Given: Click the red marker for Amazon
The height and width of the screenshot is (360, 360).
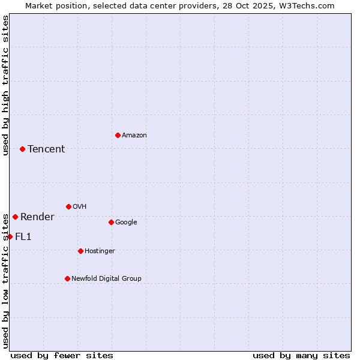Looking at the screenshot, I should point(118,135).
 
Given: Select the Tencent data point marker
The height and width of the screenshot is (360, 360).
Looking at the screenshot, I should point(22,149).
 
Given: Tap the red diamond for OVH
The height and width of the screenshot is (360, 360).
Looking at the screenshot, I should point(68,206).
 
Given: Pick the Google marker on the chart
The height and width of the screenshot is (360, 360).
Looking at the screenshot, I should point(111,222).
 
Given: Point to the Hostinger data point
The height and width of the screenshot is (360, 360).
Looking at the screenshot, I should point(80,251).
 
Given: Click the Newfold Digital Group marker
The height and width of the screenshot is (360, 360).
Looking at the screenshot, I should point(67,278).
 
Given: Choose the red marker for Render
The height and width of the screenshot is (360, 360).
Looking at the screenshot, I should point(15,217).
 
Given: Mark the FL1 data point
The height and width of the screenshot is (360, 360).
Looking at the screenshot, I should point(10,236).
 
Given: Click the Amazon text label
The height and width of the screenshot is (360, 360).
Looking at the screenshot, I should point(134,136).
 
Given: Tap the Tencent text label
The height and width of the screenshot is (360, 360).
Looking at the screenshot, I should point(46,149).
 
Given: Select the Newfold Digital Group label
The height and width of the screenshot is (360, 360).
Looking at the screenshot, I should point(106,278).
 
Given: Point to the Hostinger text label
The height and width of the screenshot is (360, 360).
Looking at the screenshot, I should point(100,251).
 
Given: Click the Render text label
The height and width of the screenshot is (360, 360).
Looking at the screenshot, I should point(37,217).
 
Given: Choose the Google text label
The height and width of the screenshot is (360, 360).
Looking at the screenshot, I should point(126,223).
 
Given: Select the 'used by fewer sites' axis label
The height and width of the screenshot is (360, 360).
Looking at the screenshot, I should point(62,355).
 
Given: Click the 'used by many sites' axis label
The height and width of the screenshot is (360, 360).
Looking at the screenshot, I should point(301,355).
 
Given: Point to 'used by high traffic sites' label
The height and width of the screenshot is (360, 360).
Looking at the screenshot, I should point(5,85).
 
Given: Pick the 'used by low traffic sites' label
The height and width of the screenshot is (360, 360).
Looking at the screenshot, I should point(5,282).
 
